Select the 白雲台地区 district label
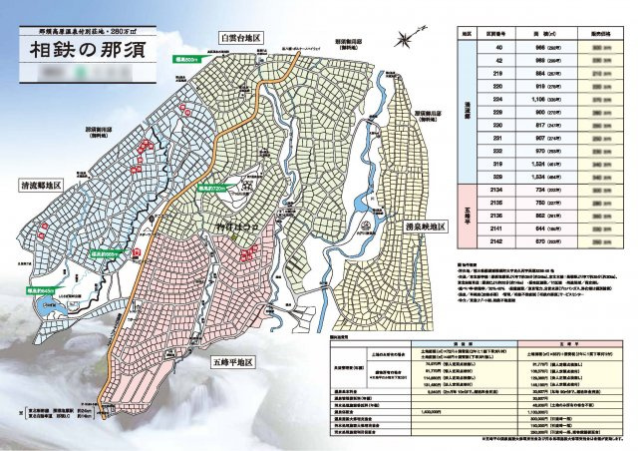pos(242,36)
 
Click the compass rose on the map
pos(403,40)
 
